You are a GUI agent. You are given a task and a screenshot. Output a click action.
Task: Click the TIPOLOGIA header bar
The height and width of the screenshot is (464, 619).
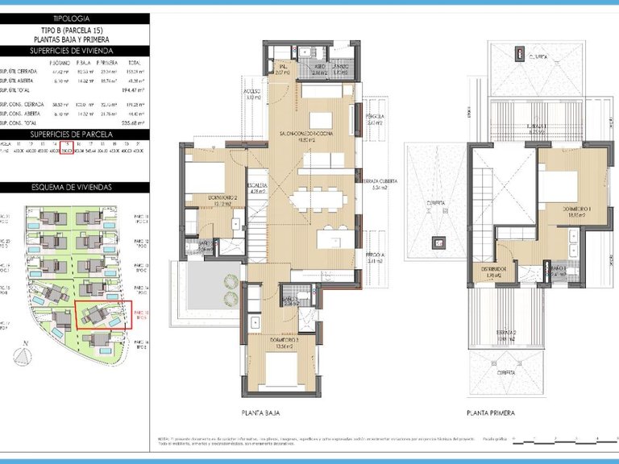[x=74, y=18]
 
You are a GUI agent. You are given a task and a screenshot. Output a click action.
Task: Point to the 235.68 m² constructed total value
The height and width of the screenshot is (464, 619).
[x=130, y=123]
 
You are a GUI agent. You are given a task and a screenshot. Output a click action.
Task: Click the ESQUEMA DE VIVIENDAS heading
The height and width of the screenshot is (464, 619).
[x=74, y=188]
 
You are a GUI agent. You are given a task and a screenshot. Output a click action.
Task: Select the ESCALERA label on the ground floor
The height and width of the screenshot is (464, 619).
[x=257, y=184]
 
